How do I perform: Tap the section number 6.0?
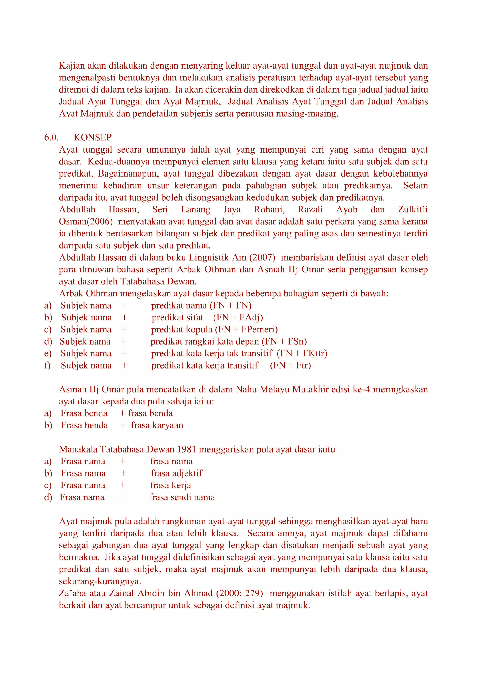[51, 138]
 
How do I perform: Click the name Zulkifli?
[413, 209]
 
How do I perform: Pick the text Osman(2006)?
[86, 221]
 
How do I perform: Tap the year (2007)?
[262, 257]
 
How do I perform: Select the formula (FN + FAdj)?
[238, 317]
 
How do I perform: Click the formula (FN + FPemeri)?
[246, 330]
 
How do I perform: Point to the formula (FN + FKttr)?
[302, 354]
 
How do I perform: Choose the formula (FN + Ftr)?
[290, 365]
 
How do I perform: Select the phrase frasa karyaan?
[157, 426]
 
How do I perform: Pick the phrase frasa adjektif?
[177, 473]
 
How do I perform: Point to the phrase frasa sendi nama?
[182, 497]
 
